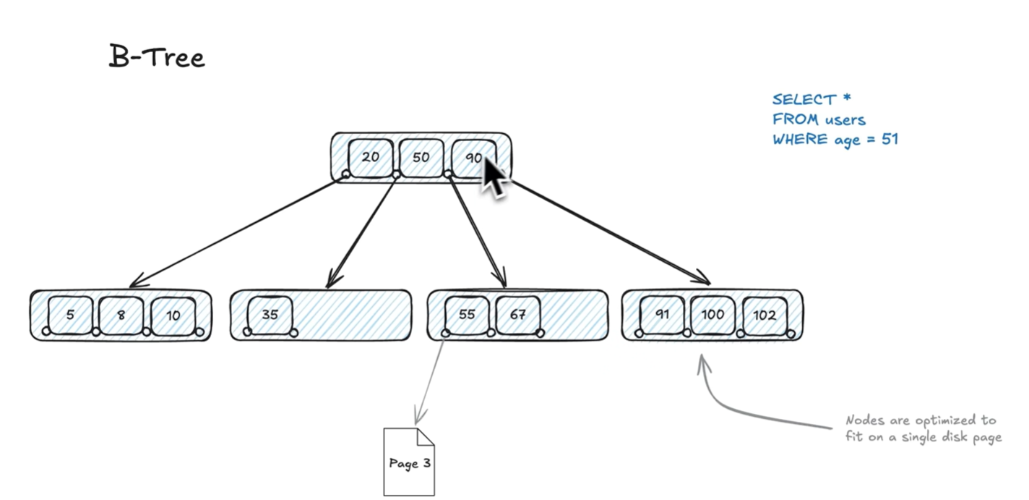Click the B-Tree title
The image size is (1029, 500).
pos(157,57)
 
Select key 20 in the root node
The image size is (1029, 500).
pos(371,156)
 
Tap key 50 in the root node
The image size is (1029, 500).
pos(421,156)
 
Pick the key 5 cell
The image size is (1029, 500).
pos(70,315)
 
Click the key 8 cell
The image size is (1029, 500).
pos(121,315)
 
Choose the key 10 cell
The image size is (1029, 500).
pos(173,315)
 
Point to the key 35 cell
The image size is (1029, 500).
pos(270,315)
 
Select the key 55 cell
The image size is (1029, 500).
pos(467,315)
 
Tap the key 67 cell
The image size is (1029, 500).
pos(517,315)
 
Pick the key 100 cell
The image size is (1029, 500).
pos(712,315)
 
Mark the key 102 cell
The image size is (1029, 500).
pos(765,315)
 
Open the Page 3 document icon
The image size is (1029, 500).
pos(409,462)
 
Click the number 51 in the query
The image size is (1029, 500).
pos(890,139)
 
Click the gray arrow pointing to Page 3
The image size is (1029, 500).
pos(429,379)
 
